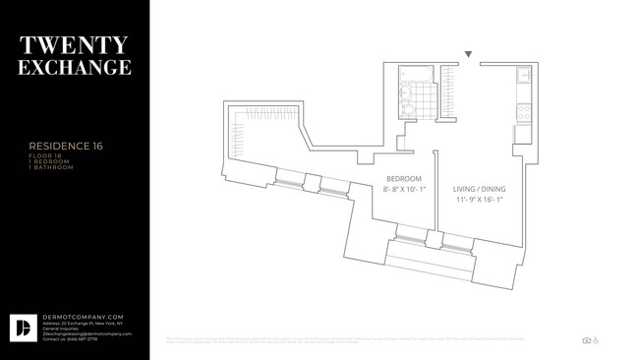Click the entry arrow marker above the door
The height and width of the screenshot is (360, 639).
(469, 54)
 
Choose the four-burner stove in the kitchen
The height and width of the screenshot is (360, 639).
(525, 111)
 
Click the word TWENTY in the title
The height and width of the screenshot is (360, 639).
(75, 44)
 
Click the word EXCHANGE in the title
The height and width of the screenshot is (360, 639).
(75, 68)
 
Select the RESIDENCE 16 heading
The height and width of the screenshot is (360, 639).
(65, 147)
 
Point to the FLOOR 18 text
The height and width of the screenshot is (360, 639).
(43, 156)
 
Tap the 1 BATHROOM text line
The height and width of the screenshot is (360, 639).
(50, 167)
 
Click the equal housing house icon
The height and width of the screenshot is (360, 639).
(587, 340)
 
